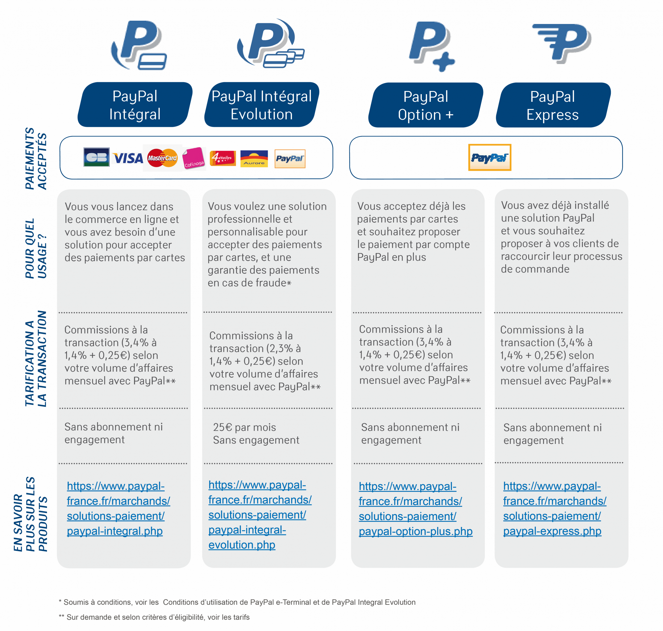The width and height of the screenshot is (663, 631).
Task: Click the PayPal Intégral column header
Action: click(135, 105)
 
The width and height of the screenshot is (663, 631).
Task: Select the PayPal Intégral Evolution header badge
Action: click(262, 105)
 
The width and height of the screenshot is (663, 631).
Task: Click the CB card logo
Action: click(96, 157)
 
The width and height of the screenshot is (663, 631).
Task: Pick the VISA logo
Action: click(128, 158)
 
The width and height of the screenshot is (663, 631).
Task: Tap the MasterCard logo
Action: click(162, 158)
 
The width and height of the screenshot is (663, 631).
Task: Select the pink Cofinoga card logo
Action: click(194, 158)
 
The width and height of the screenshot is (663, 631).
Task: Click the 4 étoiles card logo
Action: click(223, 158)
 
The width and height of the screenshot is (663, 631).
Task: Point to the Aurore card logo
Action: click(254, 158)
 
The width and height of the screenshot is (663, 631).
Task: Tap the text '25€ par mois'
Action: click(244, 427)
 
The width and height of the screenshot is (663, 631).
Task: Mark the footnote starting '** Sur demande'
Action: click(154, 617)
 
